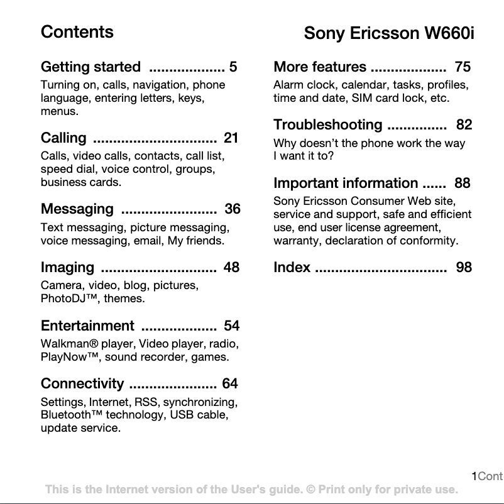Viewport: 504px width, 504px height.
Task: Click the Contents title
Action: (77, 32)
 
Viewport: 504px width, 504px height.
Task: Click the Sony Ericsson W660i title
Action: (388, 33)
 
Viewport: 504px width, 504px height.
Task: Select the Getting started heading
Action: (90, 67)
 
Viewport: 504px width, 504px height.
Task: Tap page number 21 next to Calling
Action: (231, 138)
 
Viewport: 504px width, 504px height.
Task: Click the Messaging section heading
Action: (77, 209)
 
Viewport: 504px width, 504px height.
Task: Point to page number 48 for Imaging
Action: (231, 268)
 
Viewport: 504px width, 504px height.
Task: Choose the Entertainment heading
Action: (87, 326)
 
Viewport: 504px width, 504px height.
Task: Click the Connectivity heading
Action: (82, 384)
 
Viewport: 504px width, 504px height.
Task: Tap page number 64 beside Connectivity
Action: (230, 384)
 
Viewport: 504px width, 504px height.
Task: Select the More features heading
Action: (320, 67)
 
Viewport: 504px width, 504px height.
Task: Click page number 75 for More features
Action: (463, 67)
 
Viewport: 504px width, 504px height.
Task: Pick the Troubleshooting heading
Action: (327, 125)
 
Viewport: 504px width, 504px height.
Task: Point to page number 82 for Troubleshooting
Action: (464, 125)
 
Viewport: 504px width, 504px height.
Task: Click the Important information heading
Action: (346, 184)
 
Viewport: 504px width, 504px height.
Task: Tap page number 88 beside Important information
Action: (462, 184)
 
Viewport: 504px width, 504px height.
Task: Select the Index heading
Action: (292, 268)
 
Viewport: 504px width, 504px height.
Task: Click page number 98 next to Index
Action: (464, 268)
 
